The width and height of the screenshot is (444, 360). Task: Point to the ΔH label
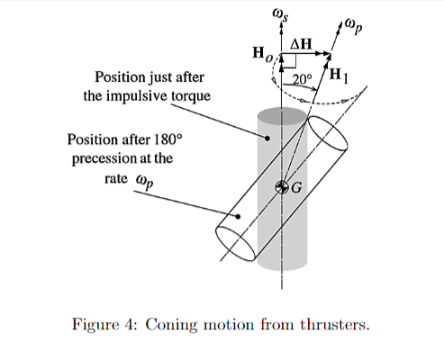click(301, 43)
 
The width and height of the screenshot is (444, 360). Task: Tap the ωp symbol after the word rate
click(143, 178)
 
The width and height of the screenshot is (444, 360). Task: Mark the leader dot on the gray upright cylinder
click(267, 138)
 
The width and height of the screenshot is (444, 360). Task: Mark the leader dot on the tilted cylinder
click(237, 217)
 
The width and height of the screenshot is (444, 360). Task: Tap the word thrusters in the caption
click(332, 323)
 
